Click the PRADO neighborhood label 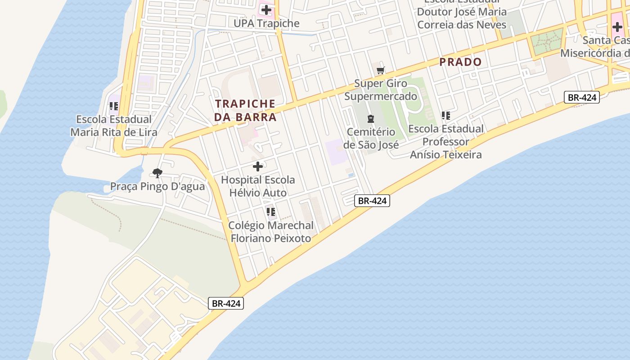pos(460,62)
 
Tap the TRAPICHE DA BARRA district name pos(246,110)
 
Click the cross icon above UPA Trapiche pos(266,9)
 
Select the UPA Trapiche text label pos(266,23)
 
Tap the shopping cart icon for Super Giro pos(381,70)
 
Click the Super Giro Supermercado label pos(381,90)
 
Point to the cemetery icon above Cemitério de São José pos(370,119)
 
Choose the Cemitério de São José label pos(371,139)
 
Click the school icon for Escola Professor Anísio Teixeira pos(445,116)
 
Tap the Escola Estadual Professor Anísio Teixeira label pos(445,142)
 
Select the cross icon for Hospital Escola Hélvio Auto pos(258,167)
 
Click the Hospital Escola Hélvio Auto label pos(258,186)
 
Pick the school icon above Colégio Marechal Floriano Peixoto pos(270,212)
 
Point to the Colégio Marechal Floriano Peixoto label pos(271,232)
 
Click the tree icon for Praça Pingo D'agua pos(157,173)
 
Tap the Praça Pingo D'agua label pos(157,187)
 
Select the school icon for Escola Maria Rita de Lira pos(114,107)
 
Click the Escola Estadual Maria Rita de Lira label pos(114,126)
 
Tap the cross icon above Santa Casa pos(617,27)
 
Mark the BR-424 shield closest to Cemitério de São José pos(372,201)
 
